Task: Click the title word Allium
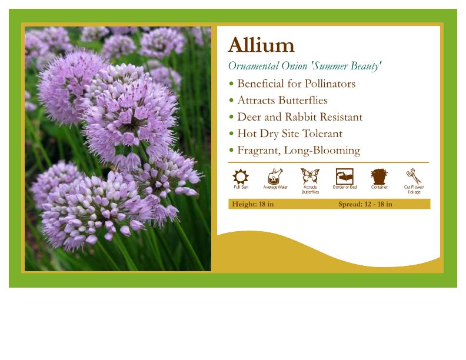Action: coord(261,45)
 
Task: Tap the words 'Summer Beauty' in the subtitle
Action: coord(347,66)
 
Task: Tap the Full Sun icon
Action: coord(241,176)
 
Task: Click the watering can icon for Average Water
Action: coord(275,176)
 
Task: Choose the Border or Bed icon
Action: coord(344,176)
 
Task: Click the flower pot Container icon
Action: coord(379,176)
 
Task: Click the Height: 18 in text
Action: coord(252,204)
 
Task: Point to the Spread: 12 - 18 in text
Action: coord(365,204)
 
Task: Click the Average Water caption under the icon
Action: coord(275,188)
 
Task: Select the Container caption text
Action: coord(380,188)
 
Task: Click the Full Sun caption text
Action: coord(241,188)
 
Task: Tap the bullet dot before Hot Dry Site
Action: coord(231,134)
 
